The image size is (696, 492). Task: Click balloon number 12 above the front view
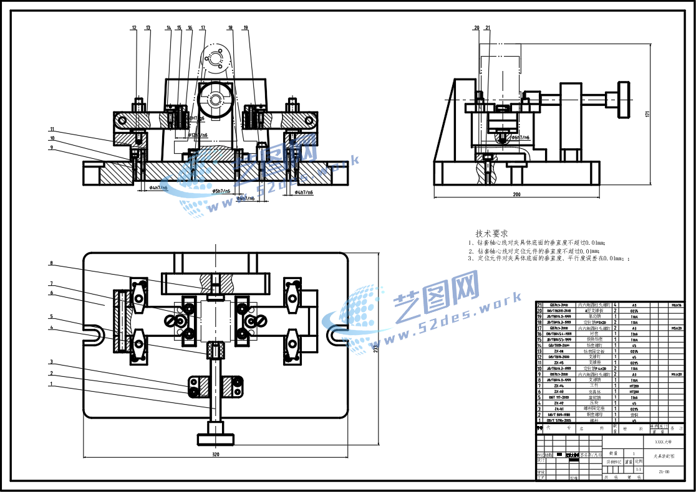134,28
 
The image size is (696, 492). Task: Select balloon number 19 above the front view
246,28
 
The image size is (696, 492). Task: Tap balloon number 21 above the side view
487,28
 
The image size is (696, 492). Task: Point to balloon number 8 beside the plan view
51,263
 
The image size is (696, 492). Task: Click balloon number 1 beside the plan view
51,384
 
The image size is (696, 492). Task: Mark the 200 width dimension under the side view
516,194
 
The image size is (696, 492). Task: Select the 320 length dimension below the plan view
216,454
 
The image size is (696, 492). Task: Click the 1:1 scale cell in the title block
638,470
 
